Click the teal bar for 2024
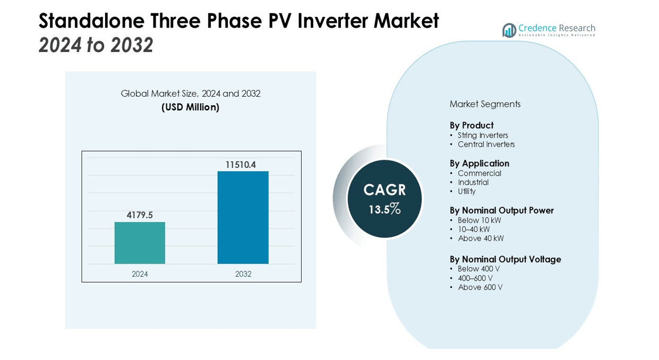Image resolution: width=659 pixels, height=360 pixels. tap(140, 243)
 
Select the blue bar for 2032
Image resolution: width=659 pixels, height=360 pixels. tap(243, 217)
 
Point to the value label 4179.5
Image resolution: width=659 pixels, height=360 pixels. tap(140, 215)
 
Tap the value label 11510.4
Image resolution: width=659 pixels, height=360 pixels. tap(241, 165)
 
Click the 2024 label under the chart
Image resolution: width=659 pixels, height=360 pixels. tap(140, 274)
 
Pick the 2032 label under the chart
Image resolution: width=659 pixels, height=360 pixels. tap(243, 274)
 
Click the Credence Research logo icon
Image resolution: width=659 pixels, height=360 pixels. tap(509, 30)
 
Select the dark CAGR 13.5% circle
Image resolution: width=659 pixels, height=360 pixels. tap(384, 199)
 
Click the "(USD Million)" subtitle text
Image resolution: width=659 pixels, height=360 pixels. tap(190, 107)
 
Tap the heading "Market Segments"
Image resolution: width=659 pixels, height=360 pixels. tap(485, 104)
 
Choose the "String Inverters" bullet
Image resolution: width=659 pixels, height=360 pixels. tap(483, 135)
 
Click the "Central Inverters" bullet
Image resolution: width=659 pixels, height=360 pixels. tap(486, 144)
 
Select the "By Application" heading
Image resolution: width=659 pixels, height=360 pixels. tap(480, 164)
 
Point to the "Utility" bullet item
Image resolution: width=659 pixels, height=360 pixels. tap(467, 191)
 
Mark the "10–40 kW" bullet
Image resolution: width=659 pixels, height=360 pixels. tap(474, 229)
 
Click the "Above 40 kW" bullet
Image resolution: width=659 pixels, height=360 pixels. tap(481, 238)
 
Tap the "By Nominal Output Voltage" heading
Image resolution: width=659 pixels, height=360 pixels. tap(505, 259)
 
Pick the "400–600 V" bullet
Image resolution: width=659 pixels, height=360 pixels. tap(475, 278)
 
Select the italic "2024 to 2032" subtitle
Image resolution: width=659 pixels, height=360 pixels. tap(96, 45)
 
